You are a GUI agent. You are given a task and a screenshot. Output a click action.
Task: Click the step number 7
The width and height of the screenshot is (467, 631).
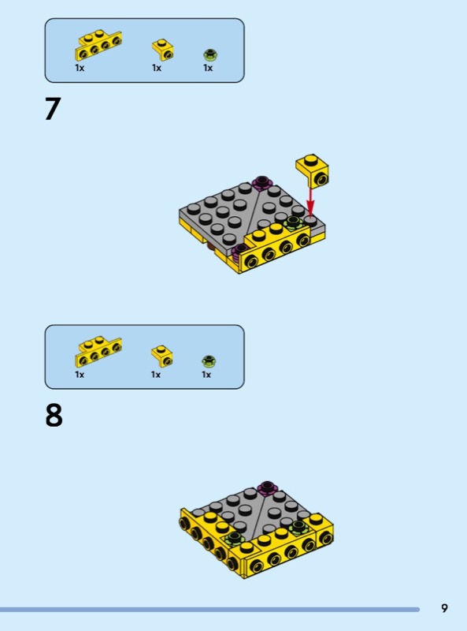click(53, 109)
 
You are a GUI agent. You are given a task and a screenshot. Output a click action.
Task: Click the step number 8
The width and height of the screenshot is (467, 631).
click(54, 416)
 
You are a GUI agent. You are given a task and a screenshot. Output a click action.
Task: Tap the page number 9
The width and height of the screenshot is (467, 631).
click(444, 608)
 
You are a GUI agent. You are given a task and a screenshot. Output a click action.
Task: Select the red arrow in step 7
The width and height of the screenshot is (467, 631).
click(309, 202)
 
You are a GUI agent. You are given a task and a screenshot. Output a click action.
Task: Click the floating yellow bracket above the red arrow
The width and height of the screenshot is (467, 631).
click(313, 170)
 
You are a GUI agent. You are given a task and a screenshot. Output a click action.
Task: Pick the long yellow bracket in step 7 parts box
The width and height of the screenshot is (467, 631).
click(98, 46)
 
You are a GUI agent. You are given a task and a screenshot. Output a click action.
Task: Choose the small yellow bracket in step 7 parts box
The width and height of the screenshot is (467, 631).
click(163, 50)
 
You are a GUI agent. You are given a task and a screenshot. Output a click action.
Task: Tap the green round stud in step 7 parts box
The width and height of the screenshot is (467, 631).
click(210, 54)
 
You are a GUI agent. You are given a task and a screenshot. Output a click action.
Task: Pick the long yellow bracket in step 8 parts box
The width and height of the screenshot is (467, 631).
click(98, 352)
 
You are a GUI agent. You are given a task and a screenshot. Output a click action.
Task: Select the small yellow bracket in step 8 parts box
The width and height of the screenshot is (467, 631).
click(162, 357)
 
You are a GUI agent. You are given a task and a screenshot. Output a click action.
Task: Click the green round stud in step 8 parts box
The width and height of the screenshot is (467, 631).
click(209, 361)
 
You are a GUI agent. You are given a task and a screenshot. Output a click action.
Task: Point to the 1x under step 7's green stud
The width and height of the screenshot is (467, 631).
click(208, 68)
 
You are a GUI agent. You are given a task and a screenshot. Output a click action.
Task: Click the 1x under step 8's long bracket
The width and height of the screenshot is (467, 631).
click(80, 375)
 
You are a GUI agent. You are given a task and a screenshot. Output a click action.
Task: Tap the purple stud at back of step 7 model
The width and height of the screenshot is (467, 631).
click(261, 183)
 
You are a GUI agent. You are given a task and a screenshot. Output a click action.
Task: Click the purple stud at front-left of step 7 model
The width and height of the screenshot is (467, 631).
click(240, 251)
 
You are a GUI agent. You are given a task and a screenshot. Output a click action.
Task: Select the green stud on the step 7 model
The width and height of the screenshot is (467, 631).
click(294, 222)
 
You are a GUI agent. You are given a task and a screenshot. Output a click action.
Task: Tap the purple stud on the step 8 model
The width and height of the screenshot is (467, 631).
click(268, 487)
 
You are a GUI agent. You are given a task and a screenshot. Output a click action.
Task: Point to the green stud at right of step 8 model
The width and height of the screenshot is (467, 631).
click(298, 527)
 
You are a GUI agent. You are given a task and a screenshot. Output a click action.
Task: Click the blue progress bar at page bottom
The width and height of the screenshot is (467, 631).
click(209, 610)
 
